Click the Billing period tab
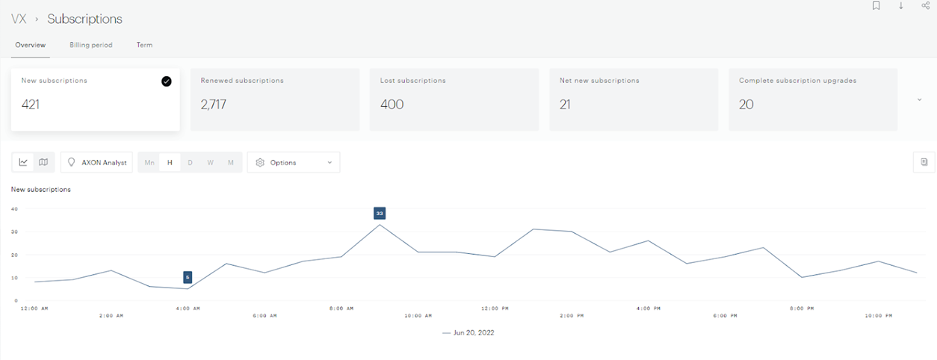(x=91, y=45)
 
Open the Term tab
(x=144, y=45)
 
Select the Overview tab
(x=31, y=45)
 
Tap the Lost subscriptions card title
(x=412, y=81)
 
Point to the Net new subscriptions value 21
(x=565, y=105)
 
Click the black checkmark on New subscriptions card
(x=166, y=81)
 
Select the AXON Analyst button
(x=97, y=162)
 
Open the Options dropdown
(x=294, y=162)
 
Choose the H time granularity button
(x=170, y=162)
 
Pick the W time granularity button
(x=211, y=162)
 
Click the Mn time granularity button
(x=149, y=162)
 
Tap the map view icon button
(x=43, y=162)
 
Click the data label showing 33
(x=380, y=213)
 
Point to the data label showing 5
(x=188, y=277)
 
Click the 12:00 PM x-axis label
(x=495, y=308)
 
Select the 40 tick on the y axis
(x=14, y=208)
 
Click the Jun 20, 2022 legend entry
(x=468, y=332)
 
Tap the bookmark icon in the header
(x=876, y=6)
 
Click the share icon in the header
(x=926, y=6)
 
